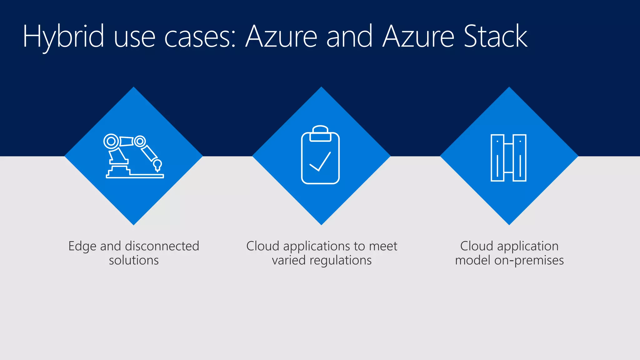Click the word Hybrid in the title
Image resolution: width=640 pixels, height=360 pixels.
[x=63, y=37]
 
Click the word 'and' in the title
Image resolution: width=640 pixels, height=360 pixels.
[x=349, y=37]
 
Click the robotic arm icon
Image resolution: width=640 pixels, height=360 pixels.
[x=134, y=156]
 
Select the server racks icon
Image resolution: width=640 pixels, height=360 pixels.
[x=508, y=158]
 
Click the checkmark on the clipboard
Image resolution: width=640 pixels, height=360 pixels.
[x=320, y=162]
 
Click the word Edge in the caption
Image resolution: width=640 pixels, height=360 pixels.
[x=82, y=247]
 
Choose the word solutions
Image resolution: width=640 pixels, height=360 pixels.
[x=134, y=260]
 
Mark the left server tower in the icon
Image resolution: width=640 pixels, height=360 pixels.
[x=497, y=158]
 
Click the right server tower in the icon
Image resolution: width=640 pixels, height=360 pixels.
[x=520, y=158]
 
